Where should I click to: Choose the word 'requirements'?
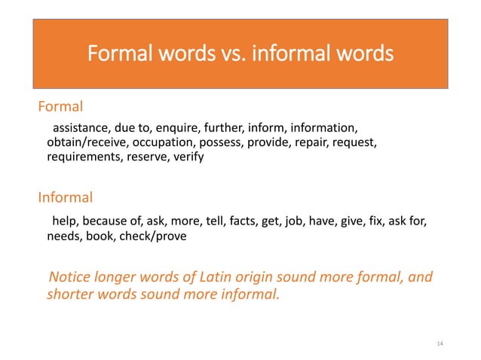tap(82, 157)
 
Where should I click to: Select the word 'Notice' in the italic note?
tap(70, 276)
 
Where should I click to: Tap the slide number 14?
tap(441, 344)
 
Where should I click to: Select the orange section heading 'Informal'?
tap(66, 198)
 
